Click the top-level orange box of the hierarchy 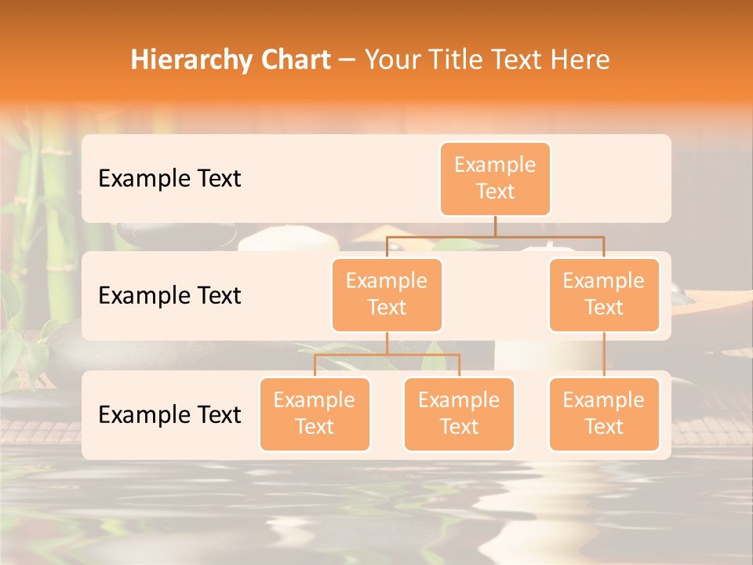(495, 178)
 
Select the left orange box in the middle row (387, 294)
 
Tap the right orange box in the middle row (604, 294)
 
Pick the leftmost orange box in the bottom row (315, 414)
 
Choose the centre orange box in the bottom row (459, 414)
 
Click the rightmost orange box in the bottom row (604, 414)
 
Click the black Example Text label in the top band (169, 179)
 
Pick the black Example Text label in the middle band (169, 296)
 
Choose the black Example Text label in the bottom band (169, 415)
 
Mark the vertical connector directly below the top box (495, 226)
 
